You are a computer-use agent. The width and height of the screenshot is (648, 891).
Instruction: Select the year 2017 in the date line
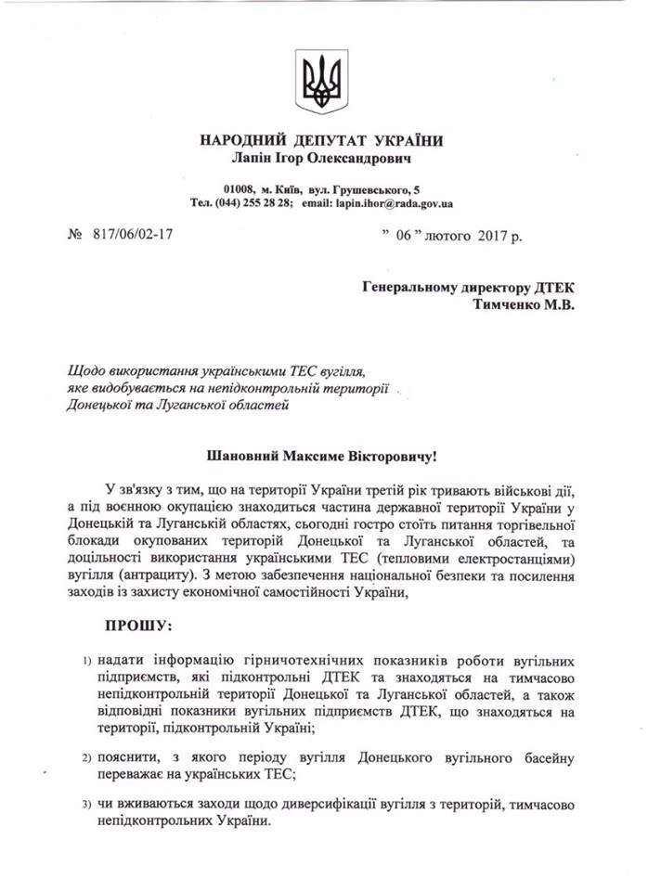pyautogui.click(x=495, y=236)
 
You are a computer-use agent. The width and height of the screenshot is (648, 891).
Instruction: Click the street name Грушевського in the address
pyautogui.click(x=366, y=187)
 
